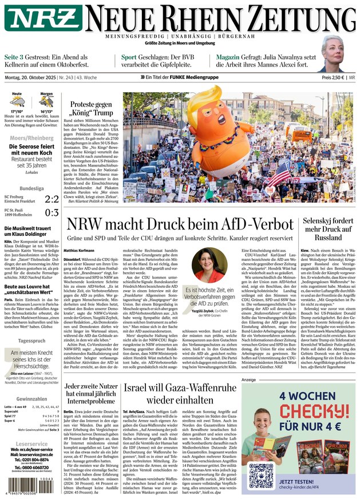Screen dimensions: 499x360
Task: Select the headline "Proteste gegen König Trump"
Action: click(91, 109)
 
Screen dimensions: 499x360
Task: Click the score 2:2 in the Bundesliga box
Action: click(52, 199)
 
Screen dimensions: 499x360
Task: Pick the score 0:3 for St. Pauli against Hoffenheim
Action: click(52, 213)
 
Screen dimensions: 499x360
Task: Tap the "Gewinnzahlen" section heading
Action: click(31, 399)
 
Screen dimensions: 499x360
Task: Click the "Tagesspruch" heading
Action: click(31, 340)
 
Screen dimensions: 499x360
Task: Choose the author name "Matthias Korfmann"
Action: click(79, 250)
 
